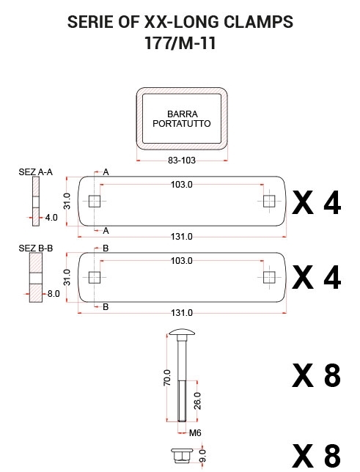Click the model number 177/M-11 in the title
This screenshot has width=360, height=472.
pyautogui.click(x=180, y=43)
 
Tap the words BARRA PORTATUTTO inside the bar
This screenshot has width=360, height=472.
pyautogui.click(x=182, y=119)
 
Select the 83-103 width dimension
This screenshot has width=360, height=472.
pyautogui.click(x=182, y=161)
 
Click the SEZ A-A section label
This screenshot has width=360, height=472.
pyautogui.click(x=35, y=172)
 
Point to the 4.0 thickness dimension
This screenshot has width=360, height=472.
pyautogui.click(x=51, y=218)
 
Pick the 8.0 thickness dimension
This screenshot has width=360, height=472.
pyautogui.click(x=54, y=293)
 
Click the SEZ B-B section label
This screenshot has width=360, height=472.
pyautogui.click(x=35, y=248)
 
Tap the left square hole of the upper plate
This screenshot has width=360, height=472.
pyautogui.click(x=95, y=201)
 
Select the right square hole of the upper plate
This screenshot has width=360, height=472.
pyautogui.click(x=269, y=201)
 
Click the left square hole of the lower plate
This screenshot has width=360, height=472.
pyautogui.click(x=95, y=278)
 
